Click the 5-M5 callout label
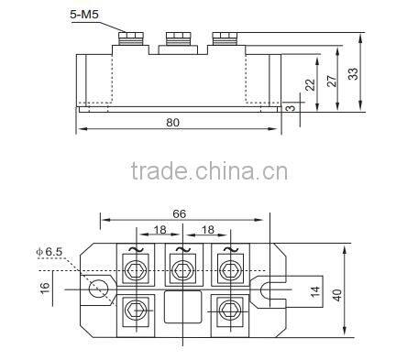click(84, 15)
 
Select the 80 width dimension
click(172, 123)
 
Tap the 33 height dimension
click(353, 73)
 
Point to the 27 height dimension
click(332, 81)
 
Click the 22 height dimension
click(310, 84)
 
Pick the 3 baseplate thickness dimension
click(291, 107)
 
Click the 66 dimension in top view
click(179, 213)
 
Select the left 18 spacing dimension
click(159, 229)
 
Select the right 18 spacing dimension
click(208, 229)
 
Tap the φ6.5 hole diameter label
click(49, 252)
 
